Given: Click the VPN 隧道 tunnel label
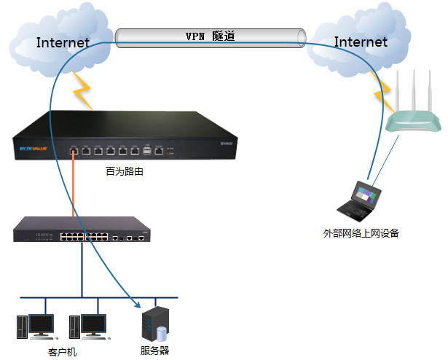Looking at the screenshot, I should point(211,36).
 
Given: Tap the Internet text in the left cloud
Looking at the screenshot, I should point(63,42).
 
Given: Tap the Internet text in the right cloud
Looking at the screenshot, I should point(361,42).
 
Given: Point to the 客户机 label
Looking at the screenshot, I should point(62,352).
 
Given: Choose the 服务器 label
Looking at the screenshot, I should point(154,351).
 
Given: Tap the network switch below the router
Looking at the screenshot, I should point(85,230).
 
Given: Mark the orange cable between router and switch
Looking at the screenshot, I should point(73,186).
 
